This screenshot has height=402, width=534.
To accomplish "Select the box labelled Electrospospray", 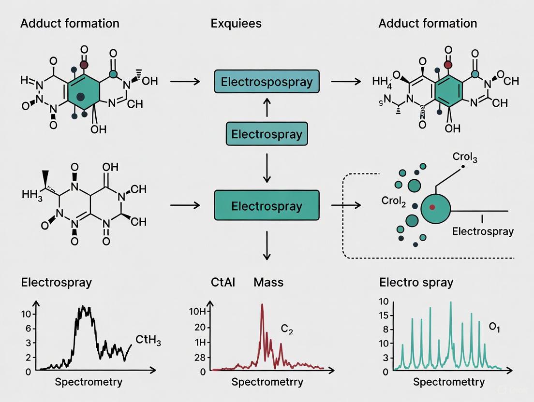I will pos(267,82).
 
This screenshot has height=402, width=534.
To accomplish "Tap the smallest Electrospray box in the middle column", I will pos(267,134).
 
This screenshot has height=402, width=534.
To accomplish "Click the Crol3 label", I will pos(465,158).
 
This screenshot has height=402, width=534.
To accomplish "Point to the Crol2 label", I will pos(393,201).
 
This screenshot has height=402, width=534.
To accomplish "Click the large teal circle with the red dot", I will pos(435,208).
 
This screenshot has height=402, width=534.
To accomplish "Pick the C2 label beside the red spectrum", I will pos(287,330).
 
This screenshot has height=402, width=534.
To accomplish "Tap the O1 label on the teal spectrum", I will pos(494,327).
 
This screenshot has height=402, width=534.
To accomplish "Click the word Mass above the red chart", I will pos(268,282).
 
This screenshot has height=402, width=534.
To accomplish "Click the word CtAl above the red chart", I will pos(223,282).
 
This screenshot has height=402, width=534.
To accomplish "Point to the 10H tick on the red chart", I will pos(198,311).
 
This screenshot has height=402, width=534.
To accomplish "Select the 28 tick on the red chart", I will pos(200,357).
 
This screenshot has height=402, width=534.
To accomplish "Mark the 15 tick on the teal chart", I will pos(384,316).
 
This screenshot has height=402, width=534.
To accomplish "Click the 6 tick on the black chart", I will pos(28,328).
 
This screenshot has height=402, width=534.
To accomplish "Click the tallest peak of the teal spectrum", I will pos(450,303).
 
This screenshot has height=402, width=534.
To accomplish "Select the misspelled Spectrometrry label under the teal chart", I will pos(448,382).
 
